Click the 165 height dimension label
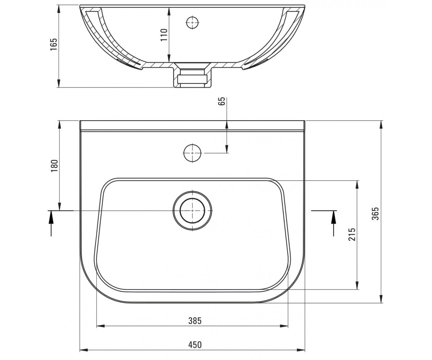click(x=53, y=44)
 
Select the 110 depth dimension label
click(x=164, y=35)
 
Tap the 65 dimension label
click(x=221, y=101)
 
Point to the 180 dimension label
click(x=54, y=166)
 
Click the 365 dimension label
click(x=375, y=213)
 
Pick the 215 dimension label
click(x=352, y=234)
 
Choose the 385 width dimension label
click(x=195, y=321)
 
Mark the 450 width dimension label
click(x=195, y=345)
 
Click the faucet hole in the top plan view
click(x=192, y=153)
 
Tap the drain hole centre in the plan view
click(x=192, y=211)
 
